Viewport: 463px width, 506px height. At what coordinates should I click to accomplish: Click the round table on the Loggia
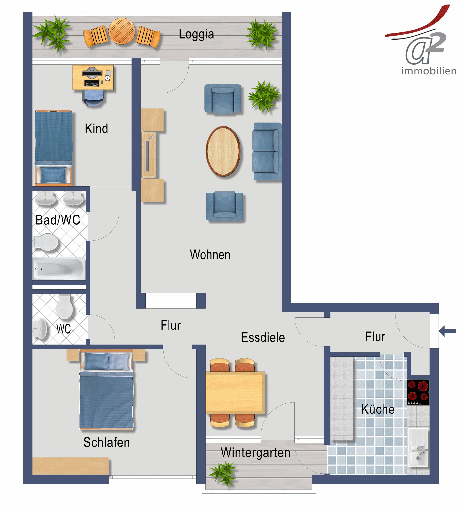click(122, 31)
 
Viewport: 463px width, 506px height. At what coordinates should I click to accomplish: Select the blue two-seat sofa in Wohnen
click(267, 151)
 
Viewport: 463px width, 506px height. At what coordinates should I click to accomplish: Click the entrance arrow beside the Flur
click(447, 331)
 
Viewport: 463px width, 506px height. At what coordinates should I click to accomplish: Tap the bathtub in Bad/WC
click(59, 269)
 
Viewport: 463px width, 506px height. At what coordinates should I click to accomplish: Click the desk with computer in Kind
click(93, 77)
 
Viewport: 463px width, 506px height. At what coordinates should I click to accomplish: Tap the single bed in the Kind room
click(53, 148)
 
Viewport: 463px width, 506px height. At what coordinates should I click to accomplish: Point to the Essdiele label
click(263, 337)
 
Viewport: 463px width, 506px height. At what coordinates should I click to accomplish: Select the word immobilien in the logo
click(429, 71)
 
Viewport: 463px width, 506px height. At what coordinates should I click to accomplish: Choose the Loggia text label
click(196, 34)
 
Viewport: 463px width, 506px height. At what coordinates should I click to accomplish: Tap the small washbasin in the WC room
click(40, 329)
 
